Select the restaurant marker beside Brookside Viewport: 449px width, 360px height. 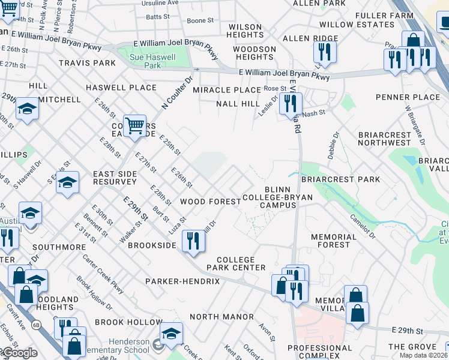click(x=193, y=241)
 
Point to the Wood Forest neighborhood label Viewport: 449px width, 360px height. click(x=211, y=202)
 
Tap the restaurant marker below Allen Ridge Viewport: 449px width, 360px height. click(x=325, y=52)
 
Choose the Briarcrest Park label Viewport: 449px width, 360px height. click(x=340, y=179)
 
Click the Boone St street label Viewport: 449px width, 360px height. click(x=200, y=20)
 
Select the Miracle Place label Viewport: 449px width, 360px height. click(x=227, y=90)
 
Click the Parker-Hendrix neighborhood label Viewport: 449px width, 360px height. click(x=182, y=281)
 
